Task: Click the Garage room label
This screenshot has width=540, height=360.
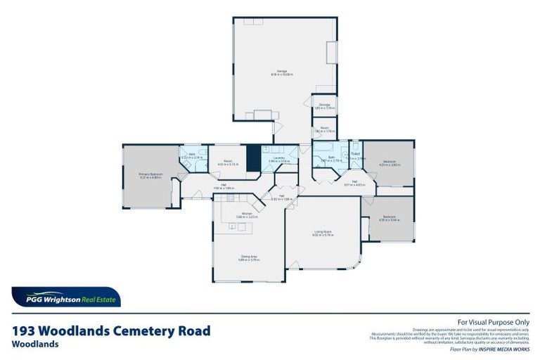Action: pyautogui.click(x=281, y=70)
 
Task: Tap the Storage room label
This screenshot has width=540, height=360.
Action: pyautogui.click(x=324, y=105)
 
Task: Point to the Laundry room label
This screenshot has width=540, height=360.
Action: pyautogui.click(x=278, y=158)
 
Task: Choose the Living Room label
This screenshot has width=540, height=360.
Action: pyautogui.click(x=323, y=231)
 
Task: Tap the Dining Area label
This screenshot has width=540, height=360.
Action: pyautogui.click(x=250, y=257)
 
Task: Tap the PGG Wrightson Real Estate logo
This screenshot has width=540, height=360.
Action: pyautogui.click(x=66, y=297)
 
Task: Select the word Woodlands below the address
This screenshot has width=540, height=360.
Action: pyautogui.click(x=35, y=345)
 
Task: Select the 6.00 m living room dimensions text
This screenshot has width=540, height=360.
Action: pyautogui.click(x=323, y=235)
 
